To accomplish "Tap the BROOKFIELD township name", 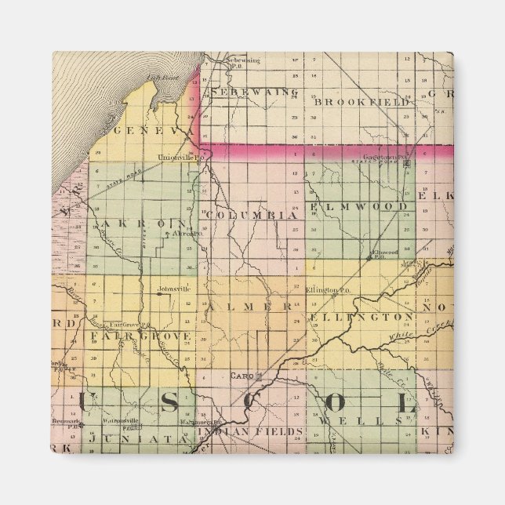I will click(361, 102).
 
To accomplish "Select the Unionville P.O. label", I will click(176, 156).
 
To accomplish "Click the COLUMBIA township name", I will click(252, 214).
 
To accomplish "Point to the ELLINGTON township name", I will click(361, 317).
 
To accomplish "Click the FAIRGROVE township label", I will click(140, 336).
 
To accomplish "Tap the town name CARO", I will click(239, 376).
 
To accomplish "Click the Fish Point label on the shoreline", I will click(159, 78).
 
